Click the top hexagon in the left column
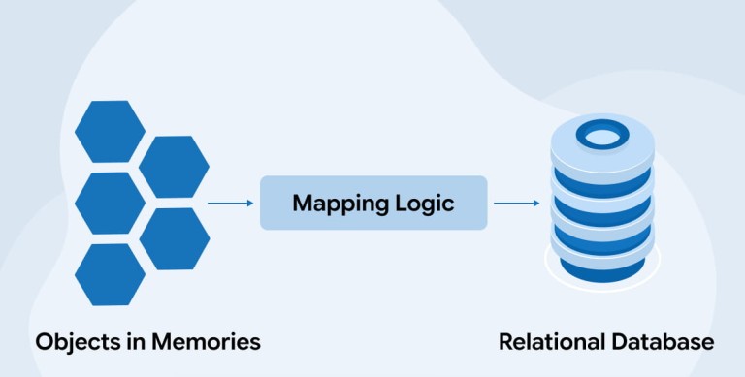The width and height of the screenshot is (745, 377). (x=110, y=131)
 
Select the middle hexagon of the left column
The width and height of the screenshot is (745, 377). (x=110, y=203)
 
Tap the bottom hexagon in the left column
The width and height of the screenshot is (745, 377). (x=110, y=274)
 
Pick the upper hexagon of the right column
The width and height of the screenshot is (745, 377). (x=174, y=167)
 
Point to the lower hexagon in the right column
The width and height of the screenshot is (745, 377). (x=175, y=238)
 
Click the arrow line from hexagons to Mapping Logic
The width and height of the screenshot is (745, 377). (x=231, y=204)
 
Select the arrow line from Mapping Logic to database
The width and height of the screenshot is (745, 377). (x=517, y=204)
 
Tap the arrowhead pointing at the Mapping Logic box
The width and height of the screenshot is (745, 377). (x=251, y=204)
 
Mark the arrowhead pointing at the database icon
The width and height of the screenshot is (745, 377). (x=537, y=204)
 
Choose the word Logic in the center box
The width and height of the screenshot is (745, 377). (x=425, y=204)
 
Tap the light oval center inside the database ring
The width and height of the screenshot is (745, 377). (x=602, y=137)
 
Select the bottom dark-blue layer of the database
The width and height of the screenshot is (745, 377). (x=602, y=269)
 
